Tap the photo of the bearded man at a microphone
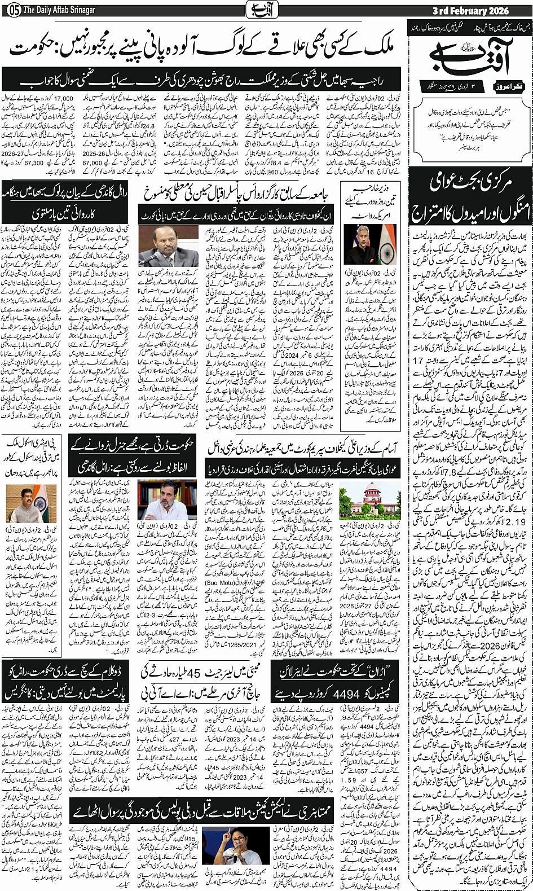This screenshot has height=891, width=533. click(x=168, y=247)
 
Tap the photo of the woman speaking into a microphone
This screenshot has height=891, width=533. click(x=228, y=847)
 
